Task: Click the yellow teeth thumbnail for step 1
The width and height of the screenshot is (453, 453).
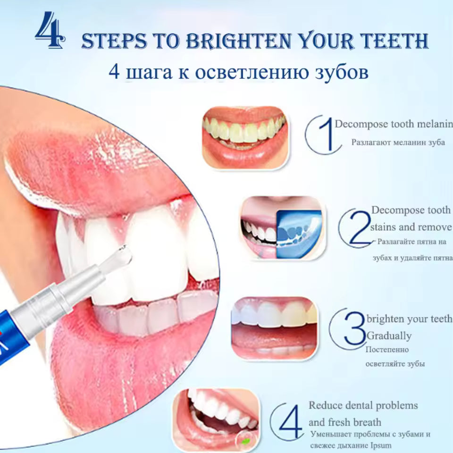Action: pos(244,136)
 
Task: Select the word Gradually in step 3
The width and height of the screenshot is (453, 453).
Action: pos(389,336)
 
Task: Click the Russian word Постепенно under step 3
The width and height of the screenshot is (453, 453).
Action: pos(387,350)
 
